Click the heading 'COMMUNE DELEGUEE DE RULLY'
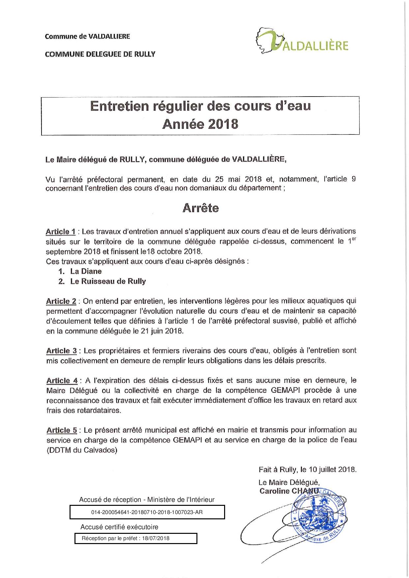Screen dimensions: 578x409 tap(100, 54)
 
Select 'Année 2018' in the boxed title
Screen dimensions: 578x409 tap(200, 124)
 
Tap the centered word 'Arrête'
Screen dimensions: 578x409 tap(200, 208)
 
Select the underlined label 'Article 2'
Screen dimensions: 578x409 tap(61, 301)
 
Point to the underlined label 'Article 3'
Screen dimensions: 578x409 tap(61, 351)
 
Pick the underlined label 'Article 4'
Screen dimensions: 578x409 tap(62, 381)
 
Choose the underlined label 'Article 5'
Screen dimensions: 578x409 tap(62, 430)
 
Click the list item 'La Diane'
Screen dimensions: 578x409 tap(86, 272)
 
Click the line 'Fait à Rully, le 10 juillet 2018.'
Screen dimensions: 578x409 tap(307, 469)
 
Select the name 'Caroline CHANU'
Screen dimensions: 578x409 tap(289, 491)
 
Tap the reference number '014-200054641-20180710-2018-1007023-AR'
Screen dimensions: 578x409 tap(147, 512)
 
